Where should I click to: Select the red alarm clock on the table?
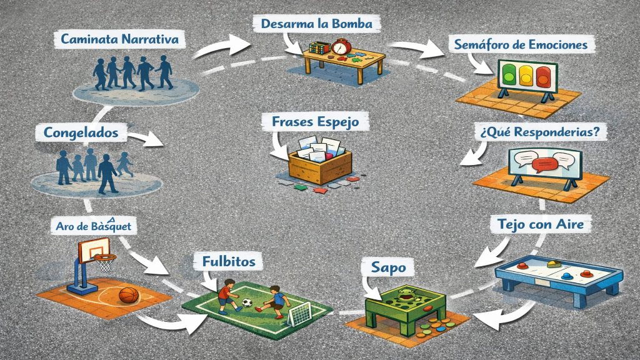pos(341,47)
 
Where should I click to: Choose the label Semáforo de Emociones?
pos(521,46)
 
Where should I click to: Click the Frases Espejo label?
pos(316,122)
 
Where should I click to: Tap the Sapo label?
pos(384,267)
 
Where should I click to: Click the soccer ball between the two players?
pos(247,303)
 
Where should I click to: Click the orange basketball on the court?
pos(128,295)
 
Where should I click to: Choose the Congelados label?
pos(81,132)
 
